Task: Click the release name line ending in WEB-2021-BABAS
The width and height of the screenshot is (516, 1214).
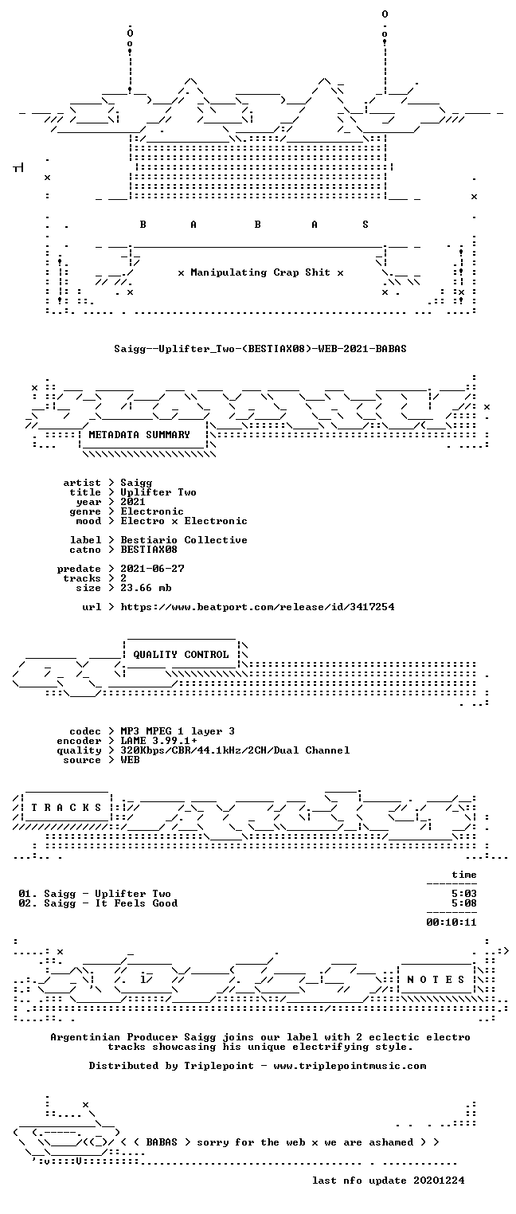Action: pyautogui.click(x=260, y=349)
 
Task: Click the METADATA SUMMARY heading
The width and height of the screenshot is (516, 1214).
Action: pyautogui.click(x=139, y=435)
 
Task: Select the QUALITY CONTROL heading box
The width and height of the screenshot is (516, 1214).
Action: pyautogui.click(x=181, y=655)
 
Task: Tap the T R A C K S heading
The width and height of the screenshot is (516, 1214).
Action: pyautogui.click(x=66, y=808)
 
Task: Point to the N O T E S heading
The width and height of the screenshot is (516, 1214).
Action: pyautogui.click(x=436, y=979)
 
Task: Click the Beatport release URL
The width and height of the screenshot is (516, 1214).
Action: pyautogui.click(x=257, y=607)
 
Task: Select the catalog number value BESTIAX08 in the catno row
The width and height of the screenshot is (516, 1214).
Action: pyautogui.click(x=149, y=550)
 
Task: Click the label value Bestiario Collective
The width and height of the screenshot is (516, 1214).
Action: pyautogui.click(x=184, y=540)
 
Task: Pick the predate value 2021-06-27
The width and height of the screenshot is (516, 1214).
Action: pyautogui.click(x=152, y=569)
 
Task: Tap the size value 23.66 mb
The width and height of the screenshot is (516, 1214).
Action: pyautogui.click(x=146, y=588)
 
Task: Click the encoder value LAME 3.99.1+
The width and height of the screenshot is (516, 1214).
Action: pyautogui.click(x=158, y=741)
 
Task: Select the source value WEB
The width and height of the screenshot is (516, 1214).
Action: pyautogui.click(x=130, y=760)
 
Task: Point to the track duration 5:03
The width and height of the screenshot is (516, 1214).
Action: pyautogui.click(x=464, y=894)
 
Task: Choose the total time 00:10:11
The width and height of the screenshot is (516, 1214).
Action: pyautogui.click(x=451, y=922)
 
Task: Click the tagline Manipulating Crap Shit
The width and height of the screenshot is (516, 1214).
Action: pyautogui.click(x=260, y=272)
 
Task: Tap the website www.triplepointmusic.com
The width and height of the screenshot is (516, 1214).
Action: pyautogui.click(x=350, y=1066)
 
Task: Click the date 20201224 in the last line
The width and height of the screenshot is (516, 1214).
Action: pyautogui.click(x=439, y=1181)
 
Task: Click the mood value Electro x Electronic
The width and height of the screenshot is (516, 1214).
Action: pyautogui.click(x=184, y=521)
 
